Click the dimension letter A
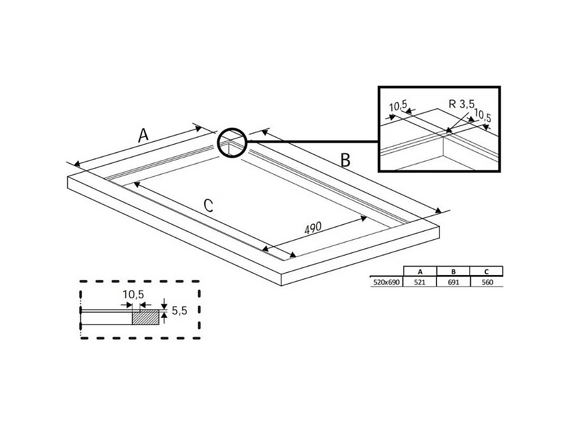point(143,135)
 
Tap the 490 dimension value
point(313,228)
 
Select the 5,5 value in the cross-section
point(179,311)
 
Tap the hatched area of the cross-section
point(145,317)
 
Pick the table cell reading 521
point(420,282)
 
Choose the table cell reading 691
point(453,282)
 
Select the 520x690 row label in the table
point(386,282)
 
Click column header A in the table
point(420,272)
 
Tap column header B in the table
point(453,272)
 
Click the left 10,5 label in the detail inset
point(398,106)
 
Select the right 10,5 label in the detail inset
point(482,117)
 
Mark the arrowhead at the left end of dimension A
point(76,164)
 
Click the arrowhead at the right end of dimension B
point(439,210)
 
